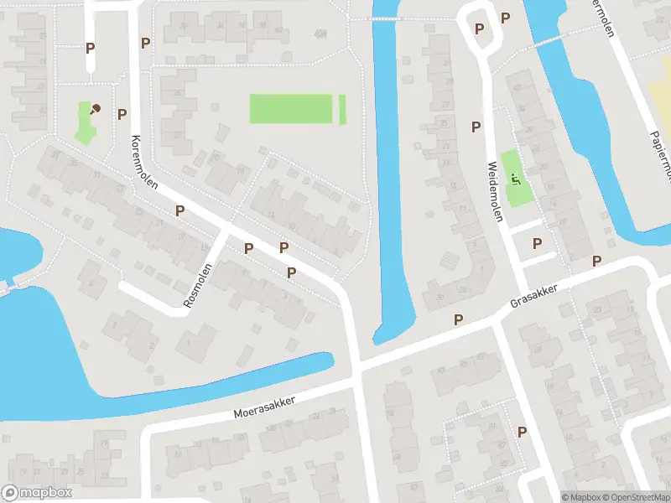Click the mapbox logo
tap(35, 493)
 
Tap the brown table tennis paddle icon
tap(96, 109)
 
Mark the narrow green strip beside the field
tap(342, 109)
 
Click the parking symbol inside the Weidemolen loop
tap(480, 29)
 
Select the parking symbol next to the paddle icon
tap(122, 114)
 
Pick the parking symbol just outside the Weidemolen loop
tap(505, 18)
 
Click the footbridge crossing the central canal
tap(387, 18)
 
